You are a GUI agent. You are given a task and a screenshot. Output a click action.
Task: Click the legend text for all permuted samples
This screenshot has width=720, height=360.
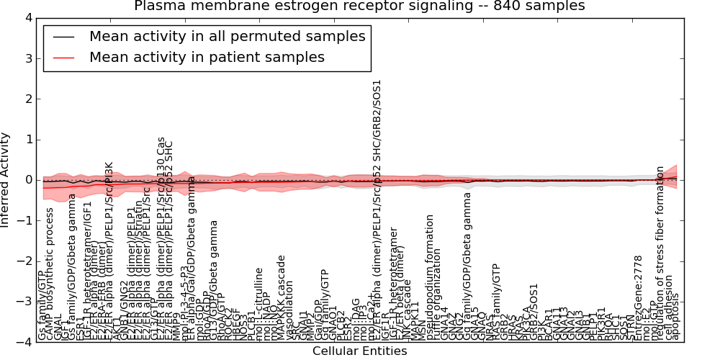tap(227, 36)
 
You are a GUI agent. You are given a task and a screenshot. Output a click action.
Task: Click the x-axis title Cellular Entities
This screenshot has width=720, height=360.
tap(359, 351)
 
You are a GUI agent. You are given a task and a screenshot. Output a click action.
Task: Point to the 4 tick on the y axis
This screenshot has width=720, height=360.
tap(28, 18)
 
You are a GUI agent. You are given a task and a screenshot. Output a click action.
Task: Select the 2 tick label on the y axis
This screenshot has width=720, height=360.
tap(28, 99)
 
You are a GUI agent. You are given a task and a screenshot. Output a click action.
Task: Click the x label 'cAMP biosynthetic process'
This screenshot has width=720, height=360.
tap(50, 274)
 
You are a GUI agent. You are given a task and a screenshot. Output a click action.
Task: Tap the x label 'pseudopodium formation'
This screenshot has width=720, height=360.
tap(429, 277)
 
